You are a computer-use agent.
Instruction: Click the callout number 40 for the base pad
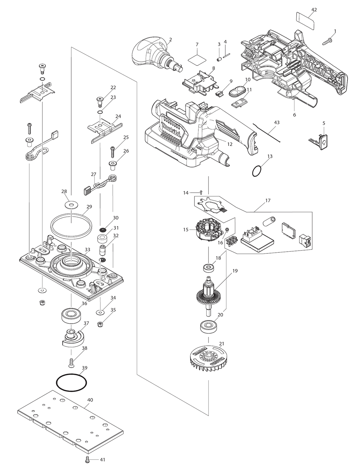coord(90,400)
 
